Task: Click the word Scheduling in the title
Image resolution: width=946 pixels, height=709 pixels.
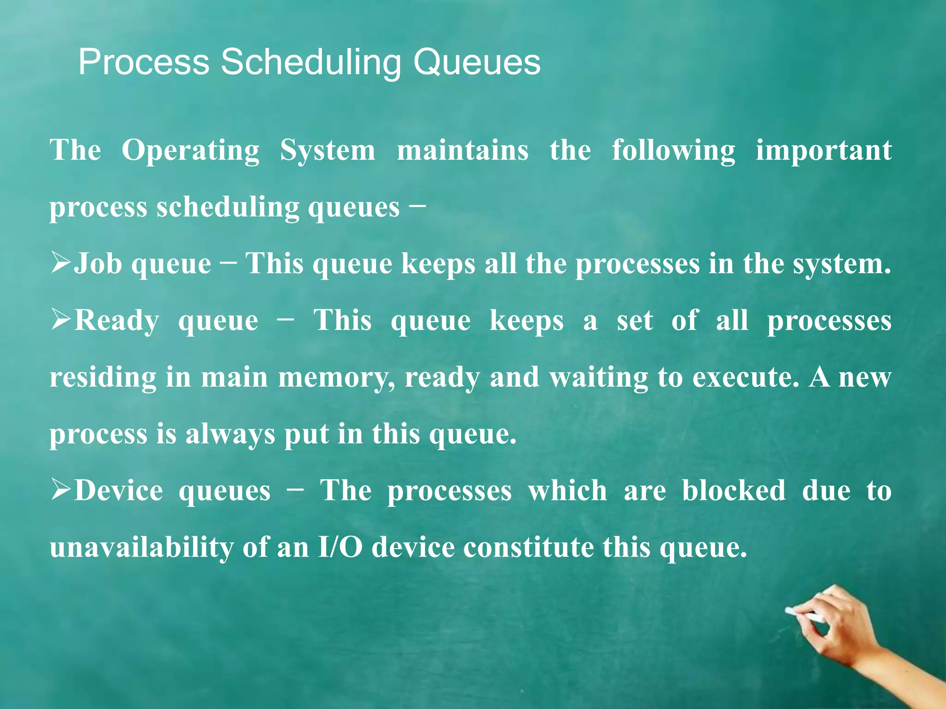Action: pos(311,62)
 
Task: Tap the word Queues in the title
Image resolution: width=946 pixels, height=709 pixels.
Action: pos(476,62)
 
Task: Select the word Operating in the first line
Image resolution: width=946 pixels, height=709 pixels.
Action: pos(190,151)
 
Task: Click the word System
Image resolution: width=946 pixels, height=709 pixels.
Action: pos(327,151)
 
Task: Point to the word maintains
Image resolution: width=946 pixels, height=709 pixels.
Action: pos(462,151)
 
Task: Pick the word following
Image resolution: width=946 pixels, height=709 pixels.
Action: pos(673,151)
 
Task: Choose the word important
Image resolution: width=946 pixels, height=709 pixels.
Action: pos(824,151)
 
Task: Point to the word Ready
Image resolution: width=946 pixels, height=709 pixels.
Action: pos(117,321)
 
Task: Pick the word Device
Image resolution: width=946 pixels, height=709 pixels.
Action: pos(119,490)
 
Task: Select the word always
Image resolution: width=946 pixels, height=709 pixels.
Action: pos(230,435)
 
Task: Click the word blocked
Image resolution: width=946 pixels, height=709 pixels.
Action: pos(734,490)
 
